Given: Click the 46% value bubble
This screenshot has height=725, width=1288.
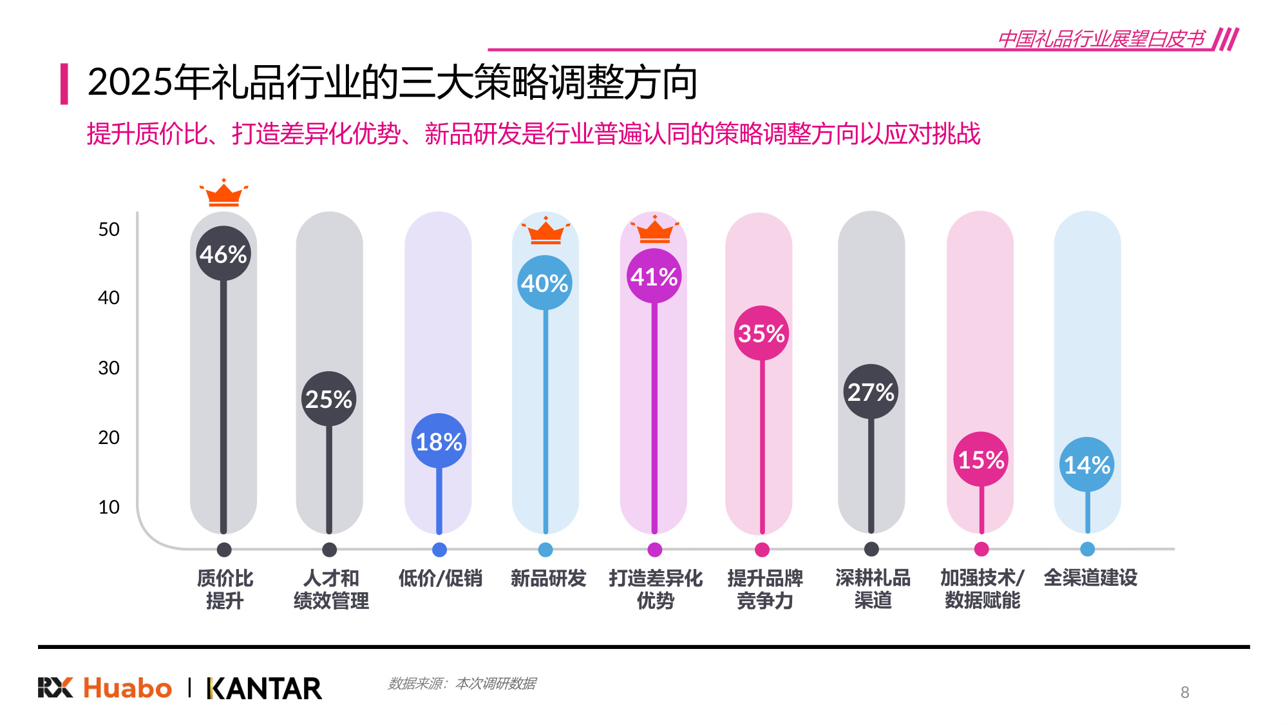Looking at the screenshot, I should (223, 254).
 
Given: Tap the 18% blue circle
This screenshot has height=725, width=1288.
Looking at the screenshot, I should (439, 441).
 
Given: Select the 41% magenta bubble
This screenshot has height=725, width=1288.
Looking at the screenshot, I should (654, 276).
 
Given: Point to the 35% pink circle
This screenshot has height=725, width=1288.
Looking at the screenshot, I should (761, 333).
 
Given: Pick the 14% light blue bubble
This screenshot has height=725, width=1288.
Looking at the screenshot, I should (1087, 465).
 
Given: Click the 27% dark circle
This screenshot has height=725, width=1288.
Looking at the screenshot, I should (871, 392).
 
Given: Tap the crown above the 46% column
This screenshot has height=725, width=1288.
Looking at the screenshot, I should (223, 193).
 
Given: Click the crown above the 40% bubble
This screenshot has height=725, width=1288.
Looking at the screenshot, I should (545, 231).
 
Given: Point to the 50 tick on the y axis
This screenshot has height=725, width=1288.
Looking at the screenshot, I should (109, 229).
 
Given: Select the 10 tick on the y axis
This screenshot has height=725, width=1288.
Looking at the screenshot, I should (109, 507).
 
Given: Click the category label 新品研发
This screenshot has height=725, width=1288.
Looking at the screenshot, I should (548, 578).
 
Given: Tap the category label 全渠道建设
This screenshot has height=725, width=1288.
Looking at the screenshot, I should (1090, 577).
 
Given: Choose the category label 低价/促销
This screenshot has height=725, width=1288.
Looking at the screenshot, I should (440, 578).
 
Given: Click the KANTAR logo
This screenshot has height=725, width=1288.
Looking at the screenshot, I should (264, 688).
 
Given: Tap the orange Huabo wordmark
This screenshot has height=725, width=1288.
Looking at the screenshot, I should (128, 688).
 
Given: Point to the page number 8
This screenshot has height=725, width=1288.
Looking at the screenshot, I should (1184, 692).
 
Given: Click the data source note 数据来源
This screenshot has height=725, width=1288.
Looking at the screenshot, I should (462, 683).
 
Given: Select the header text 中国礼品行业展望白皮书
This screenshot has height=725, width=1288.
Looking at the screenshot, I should (1101, 39).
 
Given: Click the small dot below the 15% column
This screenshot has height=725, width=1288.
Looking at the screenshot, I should (981, 549).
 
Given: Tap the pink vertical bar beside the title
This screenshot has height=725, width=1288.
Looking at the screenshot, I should (64, 83).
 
